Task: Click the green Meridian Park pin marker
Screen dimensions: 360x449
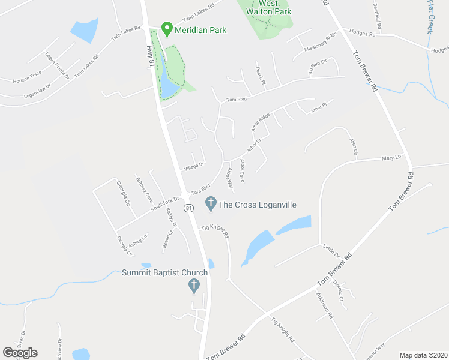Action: (x=166, y=29)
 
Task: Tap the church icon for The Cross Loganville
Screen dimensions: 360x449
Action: (x=211, y=204)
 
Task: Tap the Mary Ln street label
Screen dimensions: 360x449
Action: (x=391, y=158)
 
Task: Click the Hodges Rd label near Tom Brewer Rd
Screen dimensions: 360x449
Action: (x=363, y=34)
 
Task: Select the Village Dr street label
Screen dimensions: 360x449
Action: (x=194, y=165)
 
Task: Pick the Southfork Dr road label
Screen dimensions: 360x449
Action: (x=165, y=203)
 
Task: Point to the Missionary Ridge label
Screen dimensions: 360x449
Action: (x=321, y=44)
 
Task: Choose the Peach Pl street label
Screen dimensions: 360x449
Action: (x=260, y=74)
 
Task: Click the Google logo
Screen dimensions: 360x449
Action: (x=20, y=353)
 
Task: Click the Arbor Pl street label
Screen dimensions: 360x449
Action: (x=319, y=107)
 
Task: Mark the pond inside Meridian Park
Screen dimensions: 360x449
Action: (x=169, y=88)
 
